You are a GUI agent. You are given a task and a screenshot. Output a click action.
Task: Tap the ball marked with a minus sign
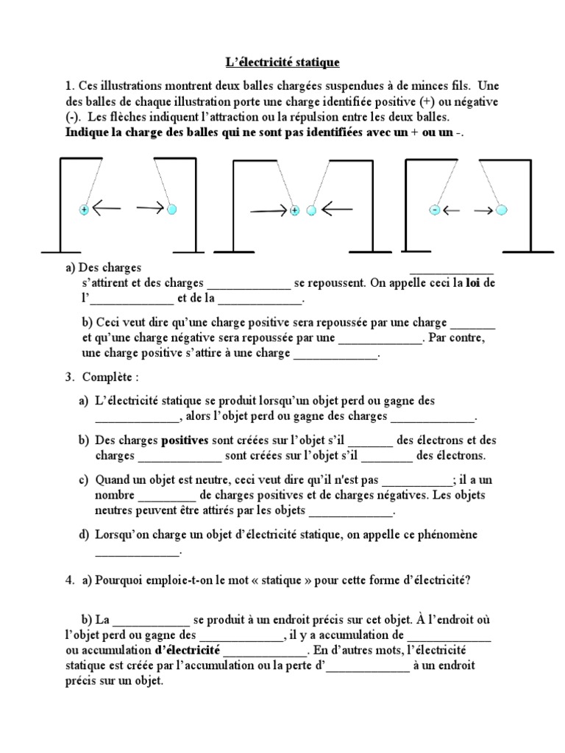point(434,210)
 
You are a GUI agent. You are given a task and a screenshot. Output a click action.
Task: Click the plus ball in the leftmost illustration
point(84,210)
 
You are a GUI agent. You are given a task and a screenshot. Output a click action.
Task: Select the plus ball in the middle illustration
point(294,210)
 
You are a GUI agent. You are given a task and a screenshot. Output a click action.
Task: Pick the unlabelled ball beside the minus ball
point(502,210)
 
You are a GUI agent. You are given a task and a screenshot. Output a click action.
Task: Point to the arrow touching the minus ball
point(451,210)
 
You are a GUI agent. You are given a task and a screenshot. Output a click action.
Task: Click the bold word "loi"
point(469,282)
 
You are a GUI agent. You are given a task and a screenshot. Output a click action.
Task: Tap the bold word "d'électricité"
point(187,651)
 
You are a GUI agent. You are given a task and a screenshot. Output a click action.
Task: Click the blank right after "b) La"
point(151,619)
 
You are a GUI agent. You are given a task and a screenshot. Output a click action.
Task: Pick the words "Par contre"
point(455,338)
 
